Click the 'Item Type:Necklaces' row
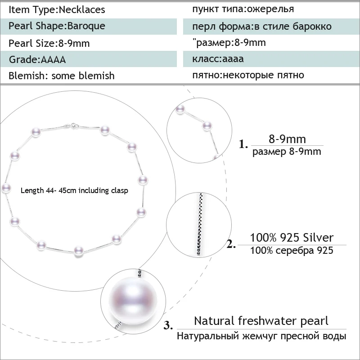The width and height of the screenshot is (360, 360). pyautogui.click(x=57, y=9)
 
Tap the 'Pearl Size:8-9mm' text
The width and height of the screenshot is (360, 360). pyautogui.click(x=49, y=43)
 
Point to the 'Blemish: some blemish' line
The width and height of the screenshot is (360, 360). pyautogui.click(x=61, y=76)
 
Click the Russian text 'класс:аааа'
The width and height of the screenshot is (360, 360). pyautogui.click(x=218, y=59)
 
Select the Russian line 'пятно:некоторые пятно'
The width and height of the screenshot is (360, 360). pyautogui.click(x=248, y=75)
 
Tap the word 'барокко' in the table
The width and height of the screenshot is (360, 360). pyautogui.click(x=312, y=27)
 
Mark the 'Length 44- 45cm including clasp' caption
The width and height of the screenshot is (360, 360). pyautogui.click(x=74, y=190)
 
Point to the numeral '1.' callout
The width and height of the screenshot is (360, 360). pyautogui.click(x=243, y=144)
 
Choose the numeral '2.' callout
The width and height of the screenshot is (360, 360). pyautogui.click(x=231, y=244)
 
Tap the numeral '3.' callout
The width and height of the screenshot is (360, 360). pyautogui.click(x=168, y=325)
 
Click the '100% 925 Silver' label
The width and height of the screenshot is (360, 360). pyautogui.click(x=291, y=238)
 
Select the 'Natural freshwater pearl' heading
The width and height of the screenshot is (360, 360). pyautogui.click(x=261, y=321)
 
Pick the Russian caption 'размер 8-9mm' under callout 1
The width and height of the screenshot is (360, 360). pyautogui.click(x=287, y=152)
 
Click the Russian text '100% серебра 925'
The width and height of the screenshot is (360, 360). pyautogui.click(x=291, y=250)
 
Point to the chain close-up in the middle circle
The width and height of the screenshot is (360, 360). pyautogui.click(x=200, y=224)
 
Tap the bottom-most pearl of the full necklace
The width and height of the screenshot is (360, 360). pyautogui.click(x=78, y=251)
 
